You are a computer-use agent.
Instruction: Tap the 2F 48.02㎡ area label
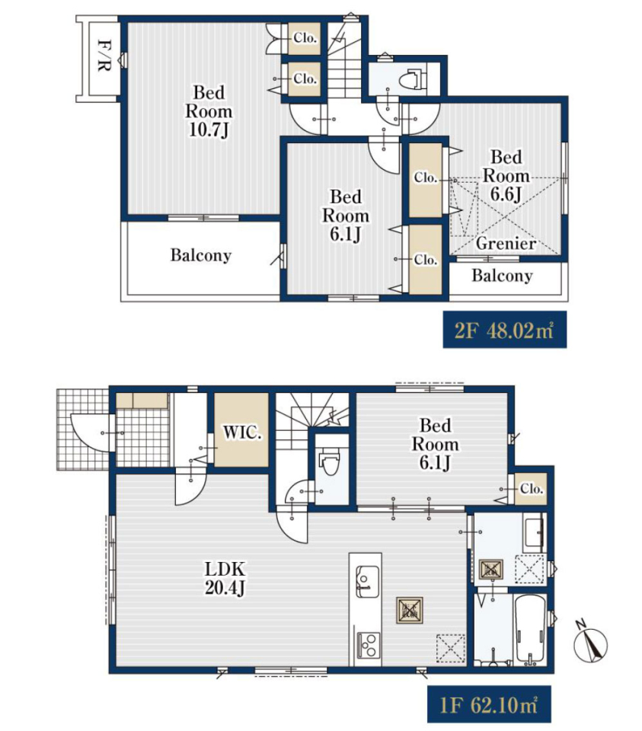(504, 330)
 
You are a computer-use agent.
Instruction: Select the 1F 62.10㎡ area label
(489, 704)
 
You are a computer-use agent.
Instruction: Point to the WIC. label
(242, 433)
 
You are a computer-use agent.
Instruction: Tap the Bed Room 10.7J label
(209, 111)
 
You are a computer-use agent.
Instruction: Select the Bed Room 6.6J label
(506, 175)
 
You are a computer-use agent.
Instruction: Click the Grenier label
(506, 244)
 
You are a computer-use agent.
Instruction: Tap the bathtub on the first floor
(530, 630)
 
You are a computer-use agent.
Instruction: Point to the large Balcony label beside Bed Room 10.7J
(201, 256)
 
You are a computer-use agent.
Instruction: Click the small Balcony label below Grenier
(502, 276)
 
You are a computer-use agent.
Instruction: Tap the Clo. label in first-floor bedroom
(532, 489)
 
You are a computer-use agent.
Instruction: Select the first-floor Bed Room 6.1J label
(435, 444)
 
